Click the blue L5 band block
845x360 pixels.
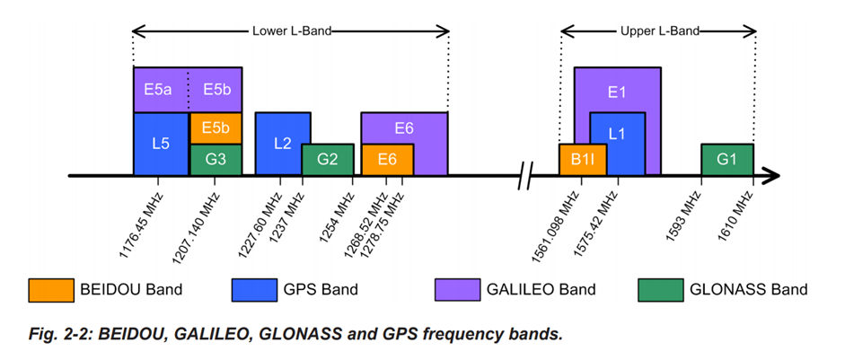[161, 144]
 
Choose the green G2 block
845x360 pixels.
[328, 159]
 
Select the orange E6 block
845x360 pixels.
[387, 159]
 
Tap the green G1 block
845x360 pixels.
[726, 159]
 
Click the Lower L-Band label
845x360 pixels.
[291, 31]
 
